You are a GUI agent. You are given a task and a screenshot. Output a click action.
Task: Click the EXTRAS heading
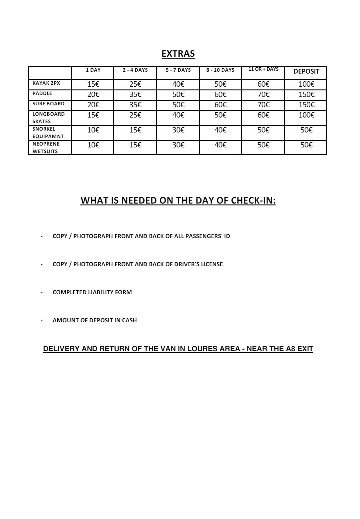coord(178,54)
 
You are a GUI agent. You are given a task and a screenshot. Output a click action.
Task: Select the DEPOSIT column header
coord(306,71)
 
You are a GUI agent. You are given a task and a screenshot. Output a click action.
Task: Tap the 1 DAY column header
coord(93,70)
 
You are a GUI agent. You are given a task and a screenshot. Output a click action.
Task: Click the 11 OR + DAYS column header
coord(263,69)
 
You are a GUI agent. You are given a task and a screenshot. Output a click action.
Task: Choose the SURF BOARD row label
coord(48,104)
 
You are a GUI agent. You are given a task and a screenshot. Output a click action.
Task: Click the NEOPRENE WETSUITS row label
coord(46,147)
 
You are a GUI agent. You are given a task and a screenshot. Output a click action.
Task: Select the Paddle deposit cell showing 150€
coord(306,94)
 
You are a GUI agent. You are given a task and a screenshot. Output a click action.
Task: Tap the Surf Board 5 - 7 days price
coord(178,105)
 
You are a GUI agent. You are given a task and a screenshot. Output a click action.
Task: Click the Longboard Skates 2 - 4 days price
coord(135,115)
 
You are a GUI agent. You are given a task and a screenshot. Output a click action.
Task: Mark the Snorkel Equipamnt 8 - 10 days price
coord(220,130)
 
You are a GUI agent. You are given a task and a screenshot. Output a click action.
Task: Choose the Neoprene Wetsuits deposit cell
coord(306,145)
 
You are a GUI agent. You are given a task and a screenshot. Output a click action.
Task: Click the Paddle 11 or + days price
coord(263,94)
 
